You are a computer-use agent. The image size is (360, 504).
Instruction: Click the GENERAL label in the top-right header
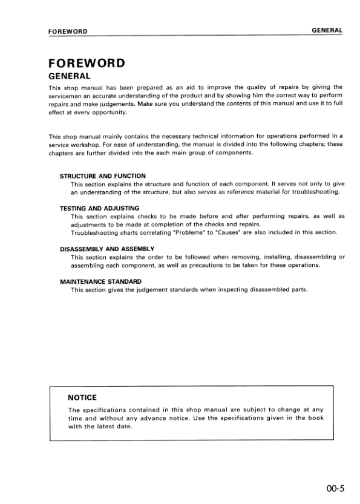(327, 30)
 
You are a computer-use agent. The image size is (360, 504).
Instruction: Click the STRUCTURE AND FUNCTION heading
(103, 175)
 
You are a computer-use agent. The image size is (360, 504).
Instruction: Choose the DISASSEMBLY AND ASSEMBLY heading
(107, 249)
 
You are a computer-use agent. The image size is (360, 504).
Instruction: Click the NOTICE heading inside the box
(83, 398)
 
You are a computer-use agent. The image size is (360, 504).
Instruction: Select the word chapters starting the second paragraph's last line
(61, 153)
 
